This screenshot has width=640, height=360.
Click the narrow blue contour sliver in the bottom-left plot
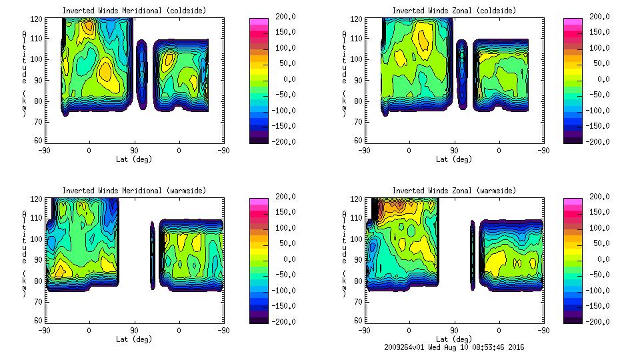coord(152,255)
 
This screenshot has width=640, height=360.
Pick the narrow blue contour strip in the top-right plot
coord(461,73)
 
